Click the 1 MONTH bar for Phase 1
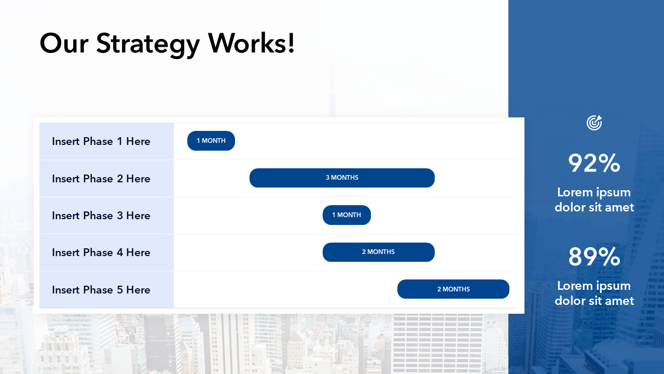[211, 141]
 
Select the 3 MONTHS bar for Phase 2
[342, 178]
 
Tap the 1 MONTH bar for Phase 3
[347, 215]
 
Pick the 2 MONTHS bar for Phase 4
[379, 252]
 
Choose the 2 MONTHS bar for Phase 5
[453, 289]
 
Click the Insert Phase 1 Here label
[101, 141]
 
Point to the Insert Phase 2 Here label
[101, 179]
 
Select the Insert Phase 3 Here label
[101, 216]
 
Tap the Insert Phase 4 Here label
[101, 252]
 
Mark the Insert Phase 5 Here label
[101, 290]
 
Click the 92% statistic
[594, 163]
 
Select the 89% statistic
[594, 257]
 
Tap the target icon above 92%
[594, 123]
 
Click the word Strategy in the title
[148, 45]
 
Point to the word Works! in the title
[251, 43]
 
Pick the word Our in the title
[64, 44]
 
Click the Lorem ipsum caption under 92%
[594, 200]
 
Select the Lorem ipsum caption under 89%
[594, 293]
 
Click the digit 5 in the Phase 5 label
[120, 290]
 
